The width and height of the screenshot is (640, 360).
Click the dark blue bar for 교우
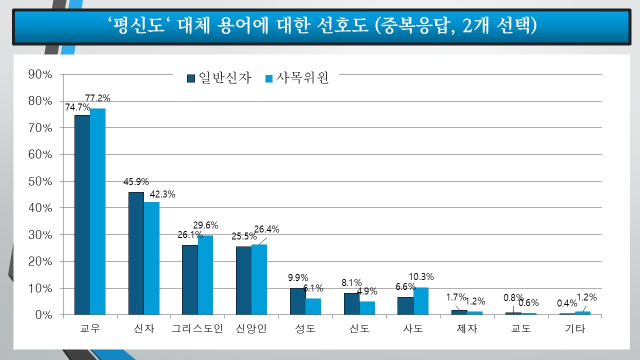[82, 215]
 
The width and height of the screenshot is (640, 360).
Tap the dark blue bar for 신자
[136, 253]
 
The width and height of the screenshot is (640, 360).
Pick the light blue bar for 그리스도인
[205, 275]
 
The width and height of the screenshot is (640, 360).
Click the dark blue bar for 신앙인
[243, 280]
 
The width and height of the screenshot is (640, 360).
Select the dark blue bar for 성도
[297, 301]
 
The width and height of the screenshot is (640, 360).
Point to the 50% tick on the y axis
[40, 181]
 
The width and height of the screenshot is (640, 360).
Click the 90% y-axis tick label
[40, 74]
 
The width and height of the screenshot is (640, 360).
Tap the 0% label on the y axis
[43, 315]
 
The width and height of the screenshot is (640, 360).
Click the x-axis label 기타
[574, 329]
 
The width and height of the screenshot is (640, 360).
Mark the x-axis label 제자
[467, 329]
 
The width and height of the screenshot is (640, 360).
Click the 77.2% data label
[97, 98]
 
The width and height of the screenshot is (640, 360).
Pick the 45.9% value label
[136, 182]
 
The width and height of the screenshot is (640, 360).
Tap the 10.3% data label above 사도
[421, 277]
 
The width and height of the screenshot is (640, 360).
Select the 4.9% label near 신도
[367, 291]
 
